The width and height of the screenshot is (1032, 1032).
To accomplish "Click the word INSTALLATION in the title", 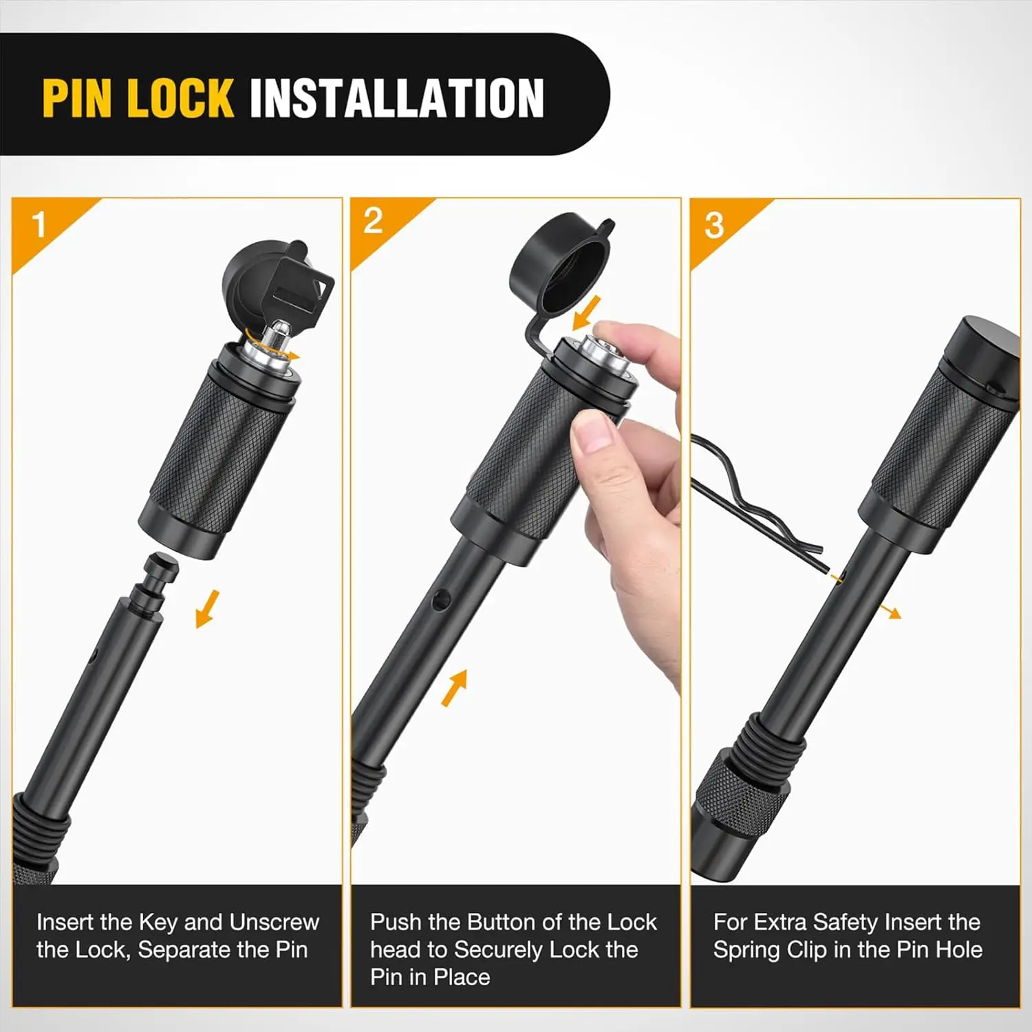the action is pyautogui.click(x=397, y=98).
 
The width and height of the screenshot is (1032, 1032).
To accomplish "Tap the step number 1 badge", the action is pyautogui.click(x=39, y=224).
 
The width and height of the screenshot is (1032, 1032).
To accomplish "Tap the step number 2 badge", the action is pyautogui.click(x=373, y=221).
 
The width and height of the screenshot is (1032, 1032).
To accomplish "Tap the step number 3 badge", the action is pyautogui.click(x=714, y=226).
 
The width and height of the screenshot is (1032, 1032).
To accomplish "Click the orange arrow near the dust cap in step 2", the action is pyautogui.click(x=587, y=313).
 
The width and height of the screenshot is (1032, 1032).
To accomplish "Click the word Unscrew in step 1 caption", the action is pyautogui.click(x=274, y=922).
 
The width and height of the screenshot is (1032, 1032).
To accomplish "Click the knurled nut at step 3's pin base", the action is pyautogui.click(x=737, y=788).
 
